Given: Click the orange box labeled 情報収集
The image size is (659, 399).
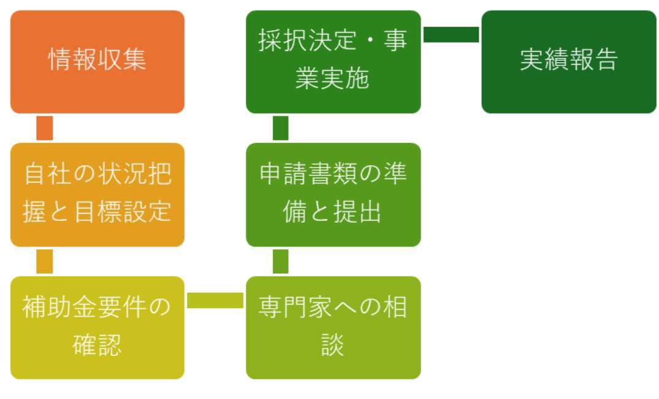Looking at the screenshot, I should (97, 61).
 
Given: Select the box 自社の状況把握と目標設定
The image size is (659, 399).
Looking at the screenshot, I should (97, 195).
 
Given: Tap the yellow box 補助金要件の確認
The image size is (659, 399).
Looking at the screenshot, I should (97, 327).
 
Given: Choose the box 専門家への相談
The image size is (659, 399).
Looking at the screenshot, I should (333, 327).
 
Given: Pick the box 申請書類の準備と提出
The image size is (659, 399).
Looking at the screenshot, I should (333, 195).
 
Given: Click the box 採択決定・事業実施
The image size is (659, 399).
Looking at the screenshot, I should (333, 61).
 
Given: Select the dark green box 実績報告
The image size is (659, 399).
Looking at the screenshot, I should (568, 61).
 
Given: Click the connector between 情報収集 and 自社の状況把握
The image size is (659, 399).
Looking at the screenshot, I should (45, 128).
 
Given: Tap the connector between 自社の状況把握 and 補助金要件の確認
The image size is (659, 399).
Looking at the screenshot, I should (45, 261).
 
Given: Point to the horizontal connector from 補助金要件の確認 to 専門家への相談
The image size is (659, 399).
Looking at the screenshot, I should (215, 300).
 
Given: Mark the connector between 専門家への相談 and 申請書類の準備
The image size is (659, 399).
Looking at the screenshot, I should (280, 261).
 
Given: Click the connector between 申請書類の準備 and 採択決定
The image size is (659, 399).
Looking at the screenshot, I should (280, 128).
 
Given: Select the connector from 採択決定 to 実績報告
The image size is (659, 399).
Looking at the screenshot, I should (451, 34).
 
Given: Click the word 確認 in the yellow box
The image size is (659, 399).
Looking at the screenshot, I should (97, 345).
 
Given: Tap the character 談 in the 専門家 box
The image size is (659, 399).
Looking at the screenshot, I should (333, 345).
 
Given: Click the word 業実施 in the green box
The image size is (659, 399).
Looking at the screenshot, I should (333, 79).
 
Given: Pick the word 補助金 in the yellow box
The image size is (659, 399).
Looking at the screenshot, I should (59, 307).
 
